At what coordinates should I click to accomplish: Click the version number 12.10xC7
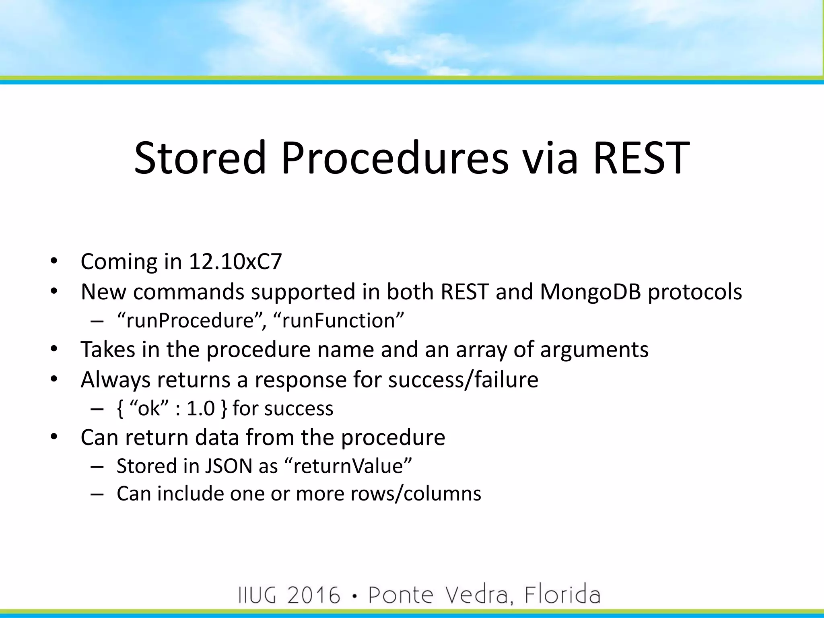tap(235, 262)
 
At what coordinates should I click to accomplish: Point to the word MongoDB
tap(590, 292)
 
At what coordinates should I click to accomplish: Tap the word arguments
tap(594, 349)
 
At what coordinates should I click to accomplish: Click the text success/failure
tap(463, 379)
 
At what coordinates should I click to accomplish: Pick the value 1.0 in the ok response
tap(201, 408)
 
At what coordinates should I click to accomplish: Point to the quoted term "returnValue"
tap(348, 466)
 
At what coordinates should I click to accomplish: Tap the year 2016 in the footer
tap(314, 595)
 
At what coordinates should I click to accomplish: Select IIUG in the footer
tap(257, 595)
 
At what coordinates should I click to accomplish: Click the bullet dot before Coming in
tap(54, 262)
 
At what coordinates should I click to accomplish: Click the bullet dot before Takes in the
tap(54, 349)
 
